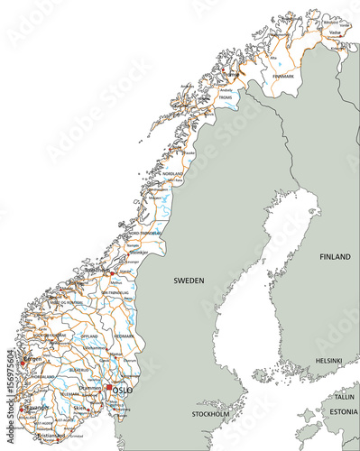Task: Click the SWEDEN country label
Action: click(189, 281)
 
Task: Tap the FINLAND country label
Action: click(334, 257)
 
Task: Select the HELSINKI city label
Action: click(328, 361)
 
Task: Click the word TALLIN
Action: click(343, 397)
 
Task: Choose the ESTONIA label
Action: click(342, 412)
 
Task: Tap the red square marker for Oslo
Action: click(109, 388)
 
